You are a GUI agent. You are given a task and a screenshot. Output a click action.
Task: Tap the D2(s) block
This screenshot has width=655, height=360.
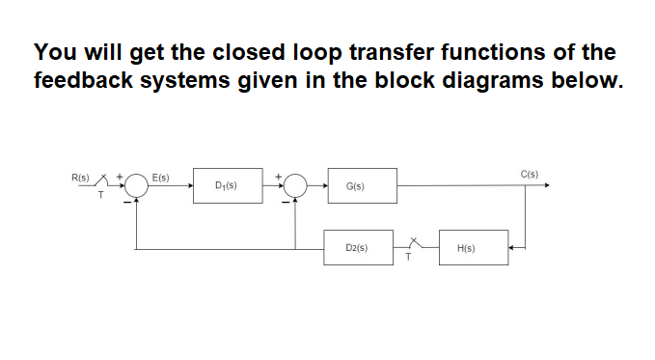(x=358, y=248)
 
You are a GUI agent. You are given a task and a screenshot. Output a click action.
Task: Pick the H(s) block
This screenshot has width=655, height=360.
(x=473, y=248)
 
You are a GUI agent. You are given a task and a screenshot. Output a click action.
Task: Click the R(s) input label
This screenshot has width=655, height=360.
(x=80, y=178)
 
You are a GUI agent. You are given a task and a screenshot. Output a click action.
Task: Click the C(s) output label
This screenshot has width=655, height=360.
(x=529, y=175)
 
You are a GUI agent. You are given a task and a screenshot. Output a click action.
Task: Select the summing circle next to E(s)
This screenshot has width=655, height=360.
(x=136, y=186)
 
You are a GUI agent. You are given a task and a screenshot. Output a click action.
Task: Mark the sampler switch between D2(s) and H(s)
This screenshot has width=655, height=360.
(x=416, y=245)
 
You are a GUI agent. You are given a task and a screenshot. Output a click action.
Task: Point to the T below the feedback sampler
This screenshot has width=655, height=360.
(x=408, y=259)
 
